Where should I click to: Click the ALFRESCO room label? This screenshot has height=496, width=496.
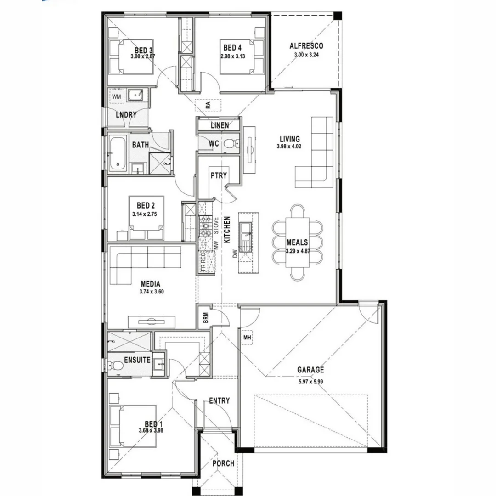[306, 46]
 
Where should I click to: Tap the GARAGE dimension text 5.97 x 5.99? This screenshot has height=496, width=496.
[310, 380]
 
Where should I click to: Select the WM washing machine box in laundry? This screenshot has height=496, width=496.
[117, 96]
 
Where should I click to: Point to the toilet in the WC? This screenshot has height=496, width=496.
[229, 144]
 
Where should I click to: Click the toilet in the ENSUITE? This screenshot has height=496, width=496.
[118, 366]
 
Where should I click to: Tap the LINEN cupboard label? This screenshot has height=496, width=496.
[220, 125]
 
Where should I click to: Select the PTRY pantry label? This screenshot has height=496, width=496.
[217, 175]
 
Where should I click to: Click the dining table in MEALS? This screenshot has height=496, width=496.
[297, 242]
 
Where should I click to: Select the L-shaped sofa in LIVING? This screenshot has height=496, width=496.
[316, 156]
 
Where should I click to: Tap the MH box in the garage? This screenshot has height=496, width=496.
[247, 338]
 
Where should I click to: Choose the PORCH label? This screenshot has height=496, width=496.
[223, 463]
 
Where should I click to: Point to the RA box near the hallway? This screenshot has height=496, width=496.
[208, 105]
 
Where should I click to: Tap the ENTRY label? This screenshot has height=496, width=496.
[219, 401]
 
